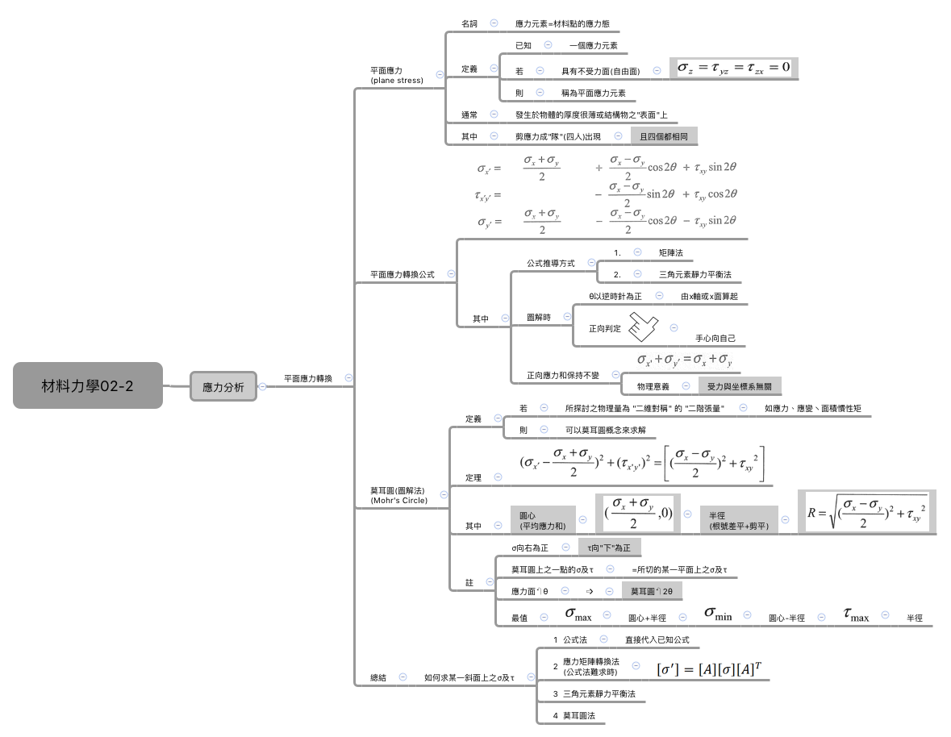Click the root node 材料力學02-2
[88, 385]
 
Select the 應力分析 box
[223, 386]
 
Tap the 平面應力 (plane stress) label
[396, 75]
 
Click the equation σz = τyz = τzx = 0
[734, 68]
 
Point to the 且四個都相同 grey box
[664, 137]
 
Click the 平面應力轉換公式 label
[402, 274]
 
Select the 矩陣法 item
[670, 252]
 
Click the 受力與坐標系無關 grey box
[739, 387]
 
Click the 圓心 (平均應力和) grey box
[542, 520]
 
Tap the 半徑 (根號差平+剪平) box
[738, 520]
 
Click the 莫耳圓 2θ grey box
[657, 591]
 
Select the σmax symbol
[578, 615]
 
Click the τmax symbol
[856, 615]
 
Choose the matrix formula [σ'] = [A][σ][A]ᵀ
[709, 668]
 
